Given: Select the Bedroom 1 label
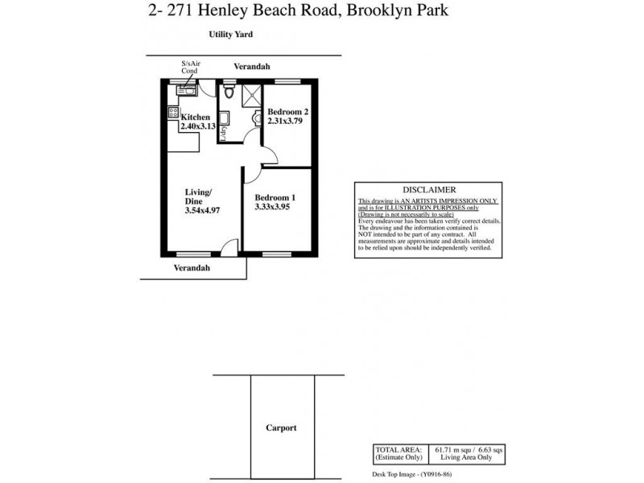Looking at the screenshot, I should pos(275,197).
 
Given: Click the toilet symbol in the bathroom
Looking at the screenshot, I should pos(230,93).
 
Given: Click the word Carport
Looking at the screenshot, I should pos(281,427).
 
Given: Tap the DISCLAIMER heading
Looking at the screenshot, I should pos(429,189).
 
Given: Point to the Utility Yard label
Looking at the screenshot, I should pos(231,35).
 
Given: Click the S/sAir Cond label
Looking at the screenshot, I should pos(188,67).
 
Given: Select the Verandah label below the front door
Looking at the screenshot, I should pos(192,268).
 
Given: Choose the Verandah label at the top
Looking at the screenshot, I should pos(252,67).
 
